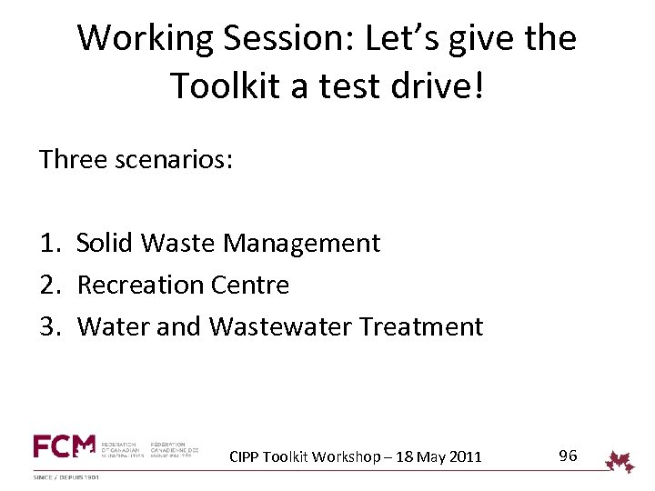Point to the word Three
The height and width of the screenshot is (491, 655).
click(72, 160)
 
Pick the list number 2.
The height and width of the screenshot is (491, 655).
click(49, 286)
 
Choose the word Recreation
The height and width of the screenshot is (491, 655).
click(139, 286)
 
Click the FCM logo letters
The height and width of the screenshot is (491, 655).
click(64, 446)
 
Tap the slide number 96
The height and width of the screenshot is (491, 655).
click(568, 456)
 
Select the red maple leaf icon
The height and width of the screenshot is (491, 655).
click(620, 462)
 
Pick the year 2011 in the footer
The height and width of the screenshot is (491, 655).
click(464, 456)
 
